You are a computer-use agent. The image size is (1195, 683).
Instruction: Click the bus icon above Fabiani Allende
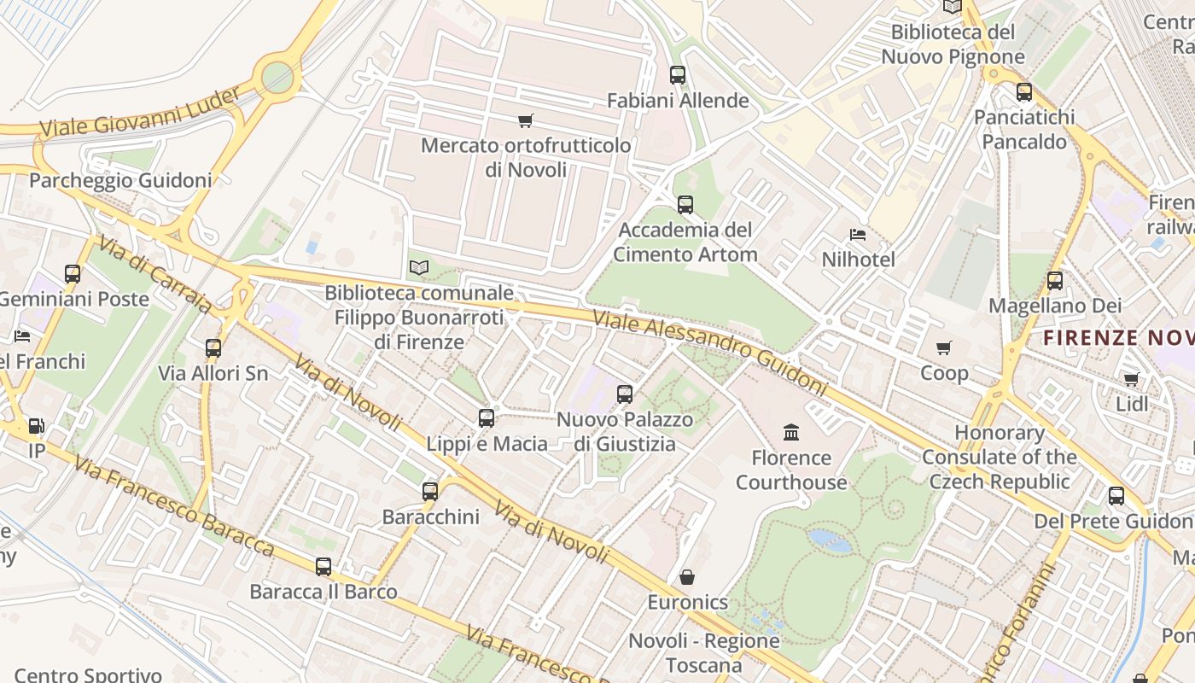coord(677,75)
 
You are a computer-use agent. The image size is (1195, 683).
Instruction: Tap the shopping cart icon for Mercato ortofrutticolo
coord(526,121)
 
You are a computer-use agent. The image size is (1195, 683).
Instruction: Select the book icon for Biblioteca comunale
coord(418,268)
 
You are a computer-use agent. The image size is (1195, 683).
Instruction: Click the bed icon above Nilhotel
coord(858,235)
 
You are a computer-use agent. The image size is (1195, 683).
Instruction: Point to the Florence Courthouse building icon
coord(791,433)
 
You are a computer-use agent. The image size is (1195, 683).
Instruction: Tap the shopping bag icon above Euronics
coord(686,578)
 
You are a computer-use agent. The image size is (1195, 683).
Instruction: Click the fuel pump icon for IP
coord(36,425)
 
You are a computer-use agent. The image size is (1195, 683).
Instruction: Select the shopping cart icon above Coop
coord(944,348)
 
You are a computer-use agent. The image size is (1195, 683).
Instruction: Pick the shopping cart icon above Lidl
coord(1132,379)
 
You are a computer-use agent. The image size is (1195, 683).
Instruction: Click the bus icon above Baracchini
coord(430,492)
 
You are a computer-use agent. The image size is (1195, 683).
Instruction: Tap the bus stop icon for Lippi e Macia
coord(487,418)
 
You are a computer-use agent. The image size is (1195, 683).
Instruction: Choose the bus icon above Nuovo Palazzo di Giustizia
coord(625,394)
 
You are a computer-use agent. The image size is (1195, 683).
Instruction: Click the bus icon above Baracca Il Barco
coord(324,567)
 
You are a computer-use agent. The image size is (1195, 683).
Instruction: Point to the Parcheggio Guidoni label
coord(120,181)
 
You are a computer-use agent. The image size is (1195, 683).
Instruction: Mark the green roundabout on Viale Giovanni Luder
coord(277,77)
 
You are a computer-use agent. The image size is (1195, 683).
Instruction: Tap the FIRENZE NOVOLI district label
coord(1118,338)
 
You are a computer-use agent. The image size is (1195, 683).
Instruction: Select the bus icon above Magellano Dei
coord(1055,281)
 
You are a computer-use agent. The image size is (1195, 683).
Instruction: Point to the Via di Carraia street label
coord(154,275)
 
